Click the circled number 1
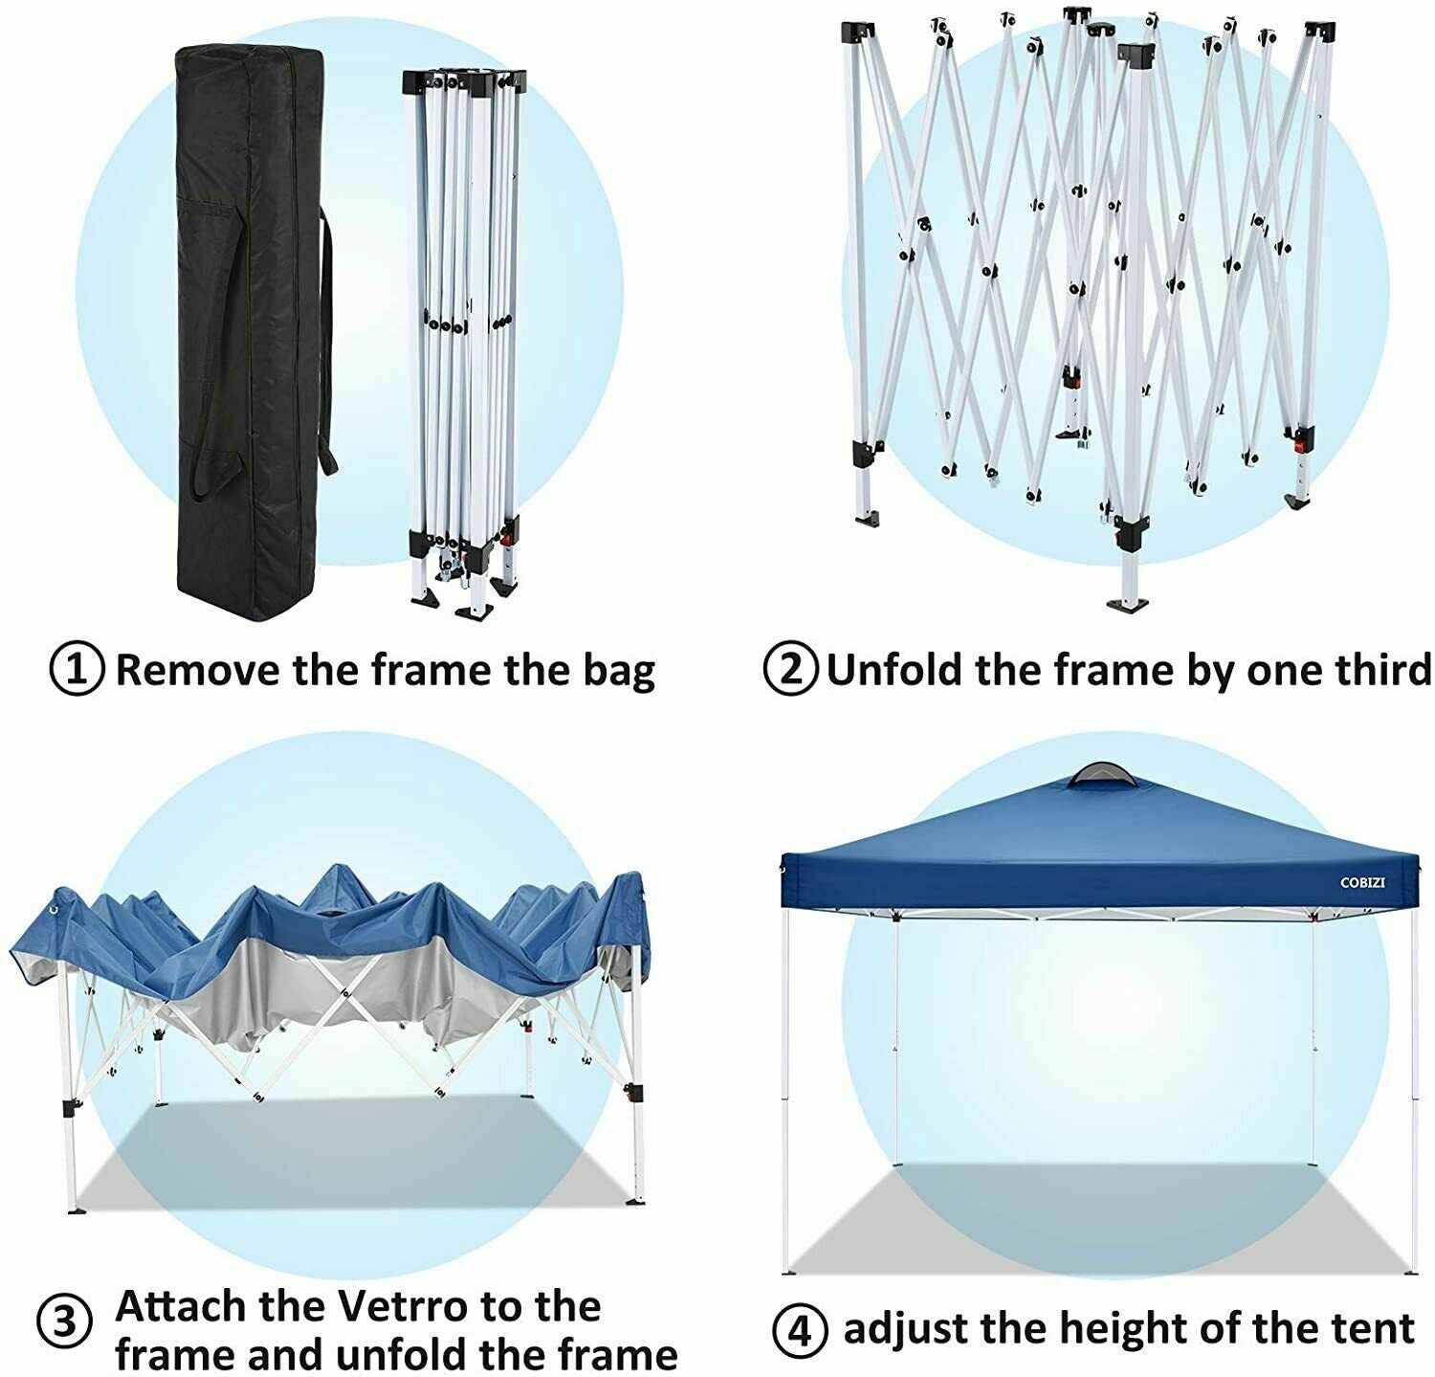(76, 670)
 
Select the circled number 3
(64, 1324)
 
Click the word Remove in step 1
(198, 670)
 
